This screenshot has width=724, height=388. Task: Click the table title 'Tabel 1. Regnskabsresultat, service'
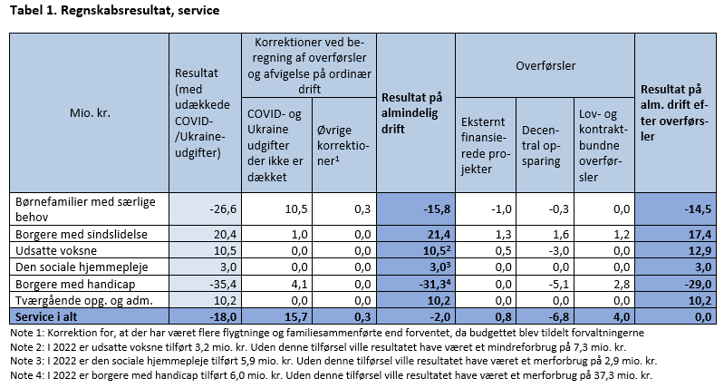pos(114,11)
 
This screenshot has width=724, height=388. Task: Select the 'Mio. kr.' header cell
pos(90,113)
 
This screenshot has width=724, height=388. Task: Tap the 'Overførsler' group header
pos(545,65)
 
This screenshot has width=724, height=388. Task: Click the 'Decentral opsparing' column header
pos(541,145)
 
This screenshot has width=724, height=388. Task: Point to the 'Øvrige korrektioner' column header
pos(343,145)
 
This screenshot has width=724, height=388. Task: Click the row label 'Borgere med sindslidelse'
pos(82,234)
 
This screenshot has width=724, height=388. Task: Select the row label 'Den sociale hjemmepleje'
pos(82,267)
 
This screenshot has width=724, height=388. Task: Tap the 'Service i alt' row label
pos(46,317)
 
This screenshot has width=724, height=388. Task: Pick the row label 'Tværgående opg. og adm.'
pos(84,301)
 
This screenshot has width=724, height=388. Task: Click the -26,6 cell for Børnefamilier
pos(223,209)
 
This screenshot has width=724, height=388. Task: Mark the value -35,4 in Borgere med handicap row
pos(223,284)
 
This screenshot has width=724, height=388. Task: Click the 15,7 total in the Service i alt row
pos(296,317)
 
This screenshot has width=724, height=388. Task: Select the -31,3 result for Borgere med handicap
pos(435,284)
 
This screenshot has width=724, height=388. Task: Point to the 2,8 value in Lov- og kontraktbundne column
pos(622,284)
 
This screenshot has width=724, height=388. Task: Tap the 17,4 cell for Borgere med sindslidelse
pos(700,234)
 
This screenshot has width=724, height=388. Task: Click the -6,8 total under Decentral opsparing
pos(559,317)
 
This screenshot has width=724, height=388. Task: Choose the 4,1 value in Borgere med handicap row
pos(300,284)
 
